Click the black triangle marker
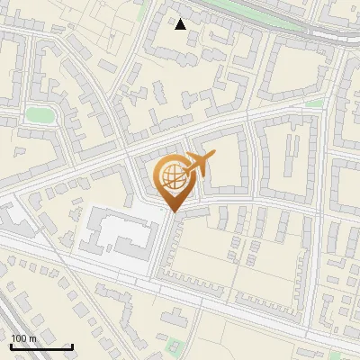tap(181, 24)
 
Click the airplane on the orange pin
tap(197, 165)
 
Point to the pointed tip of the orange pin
tap(173, 211)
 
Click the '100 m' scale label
tap(23, 338)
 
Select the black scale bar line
tap(41, 346)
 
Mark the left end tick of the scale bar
tap(11, 345)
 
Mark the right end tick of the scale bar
tap(72, 345)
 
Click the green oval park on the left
tap(39, 114)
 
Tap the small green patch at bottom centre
tap(175, 344)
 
